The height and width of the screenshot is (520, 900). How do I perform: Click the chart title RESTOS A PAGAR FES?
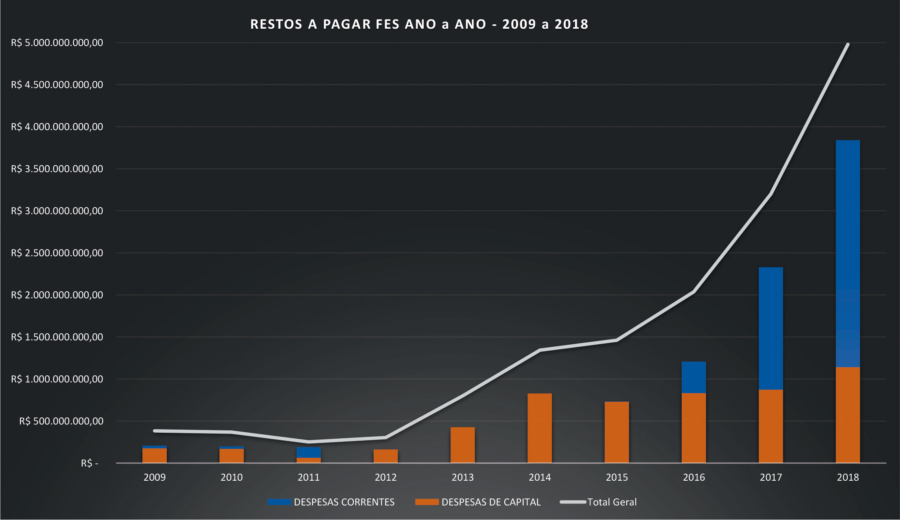point(419,24)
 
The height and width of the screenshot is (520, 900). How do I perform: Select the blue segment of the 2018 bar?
point(848,254)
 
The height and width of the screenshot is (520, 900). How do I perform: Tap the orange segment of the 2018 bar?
point(848,415)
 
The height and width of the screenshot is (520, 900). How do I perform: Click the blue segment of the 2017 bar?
point(771,328)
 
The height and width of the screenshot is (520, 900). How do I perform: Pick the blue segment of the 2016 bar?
point(693,377)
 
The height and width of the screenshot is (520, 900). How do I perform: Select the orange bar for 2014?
point(539,428)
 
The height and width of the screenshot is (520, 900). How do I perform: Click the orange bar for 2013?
point(463,445)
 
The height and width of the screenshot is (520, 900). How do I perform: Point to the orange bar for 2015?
point(616,432)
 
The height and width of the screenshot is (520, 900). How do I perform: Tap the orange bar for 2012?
point(385,456)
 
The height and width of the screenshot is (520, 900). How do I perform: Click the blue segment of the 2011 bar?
point(308,452)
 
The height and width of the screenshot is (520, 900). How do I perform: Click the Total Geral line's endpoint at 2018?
point(848,44)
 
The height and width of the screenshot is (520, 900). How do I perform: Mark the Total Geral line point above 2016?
point(693,292)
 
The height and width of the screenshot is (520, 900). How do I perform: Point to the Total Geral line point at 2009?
point(155,431)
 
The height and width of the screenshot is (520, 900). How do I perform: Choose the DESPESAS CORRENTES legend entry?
point(331,502)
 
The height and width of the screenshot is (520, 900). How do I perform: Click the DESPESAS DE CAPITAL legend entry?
point(478,502)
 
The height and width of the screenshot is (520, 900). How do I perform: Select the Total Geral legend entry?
point(599,502)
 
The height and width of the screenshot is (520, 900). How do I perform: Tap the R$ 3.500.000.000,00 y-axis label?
point(57,169)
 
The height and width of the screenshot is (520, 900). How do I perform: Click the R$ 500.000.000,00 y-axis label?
point(61,421)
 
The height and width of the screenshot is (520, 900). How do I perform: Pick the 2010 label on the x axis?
point(231,477)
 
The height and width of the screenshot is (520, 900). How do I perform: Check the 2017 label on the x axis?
point(771,477)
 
